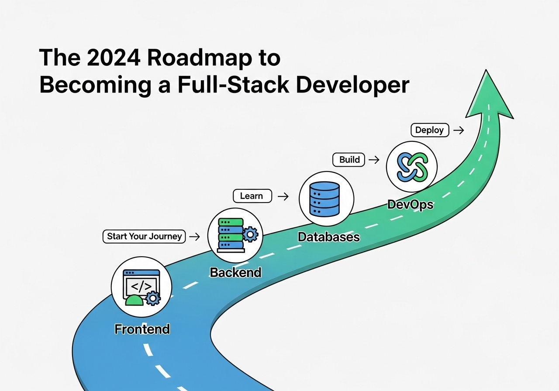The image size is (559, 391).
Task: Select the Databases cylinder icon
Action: (x=324, y=198)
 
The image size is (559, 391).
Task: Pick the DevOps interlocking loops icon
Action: (x=411, y=166)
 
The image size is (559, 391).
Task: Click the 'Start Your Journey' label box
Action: (x=145, y=237)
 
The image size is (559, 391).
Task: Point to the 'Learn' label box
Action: (x=252, y=196)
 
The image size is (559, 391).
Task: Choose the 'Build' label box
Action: (x=349, y=159)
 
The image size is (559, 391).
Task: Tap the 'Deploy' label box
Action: (x=429, y=130)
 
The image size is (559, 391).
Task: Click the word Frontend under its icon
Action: (x=142, y=329)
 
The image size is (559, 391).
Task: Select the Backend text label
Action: (x=235, y=272)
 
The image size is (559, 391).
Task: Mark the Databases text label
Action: (x=328, y=237)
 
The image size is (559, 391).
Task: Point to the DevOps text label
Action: (x=410, y=205)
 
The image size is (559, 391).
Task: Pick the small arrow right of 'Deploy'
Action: (x=458, y=130)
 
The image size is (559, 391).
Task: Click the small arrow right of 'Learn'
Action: (x=283, y=196)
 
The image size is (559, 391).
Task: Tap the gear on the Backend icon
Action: (x=250, y=235)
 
